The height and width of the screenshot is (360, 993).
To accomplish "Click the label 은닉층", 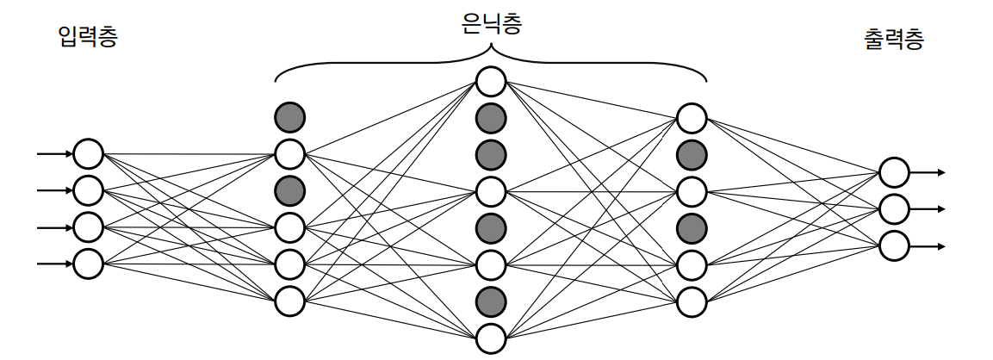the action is [x=492, y=25].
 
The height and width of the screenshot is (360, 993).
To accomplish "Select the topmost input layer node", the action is [x=88, y=154].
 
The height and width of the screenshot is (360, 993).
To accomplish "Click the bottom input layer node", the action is [x=88, y=264].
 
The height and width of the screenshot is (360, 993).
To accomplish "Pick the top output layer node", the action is [x=894, y=172].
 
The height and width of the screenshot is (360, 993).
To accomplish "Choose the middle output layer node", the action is [x=894, y=208].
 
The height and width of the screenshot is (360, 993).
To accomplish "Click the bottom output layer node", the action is [x=894, y=245].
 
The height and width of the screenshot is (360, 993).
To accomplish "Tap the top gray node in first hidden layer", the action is [x=289, y=116].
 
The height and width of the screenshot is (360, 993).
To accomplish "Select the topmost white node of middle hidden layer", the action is [x=491, y=82].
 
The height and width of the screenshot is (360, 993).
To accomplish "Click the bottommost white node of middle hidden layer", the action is [x=491, y=336].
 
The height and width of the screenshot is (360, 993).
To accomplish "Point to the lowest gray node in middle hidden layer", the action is [x=491, y=300].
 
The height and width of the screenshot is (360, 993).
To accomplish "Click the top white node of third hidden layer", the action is [x=692, y=117].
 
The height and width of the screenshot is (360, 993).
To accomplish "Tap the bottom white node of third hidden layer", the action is [x=692, y=301].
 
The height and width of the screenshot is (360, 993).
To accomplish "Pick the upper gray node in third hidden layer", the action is [x=692, y=154].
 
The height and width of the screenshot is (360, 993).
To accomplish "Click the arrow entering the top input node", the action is [x=55, y=154].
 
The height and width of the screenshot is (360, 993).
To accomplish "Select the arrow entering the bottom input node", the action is [x=55, y=264].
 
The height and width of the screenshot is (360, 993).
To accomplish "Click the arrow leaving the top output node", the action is [x=928, y=172].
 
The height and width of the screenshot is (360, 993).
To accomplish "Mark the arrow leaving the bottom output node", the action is [x=928, y=245].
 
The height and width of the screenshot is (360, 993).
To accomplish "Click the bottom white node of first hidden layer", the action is [x=289, y=301].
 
